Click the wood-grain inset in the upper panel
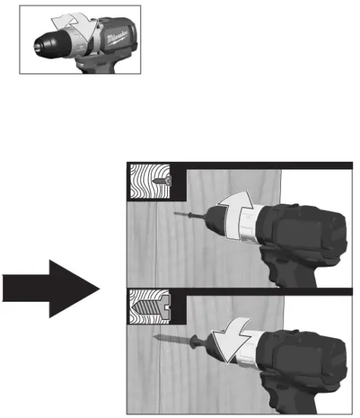coord(147,183)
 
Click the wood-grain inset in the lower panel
coord(144,312)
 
